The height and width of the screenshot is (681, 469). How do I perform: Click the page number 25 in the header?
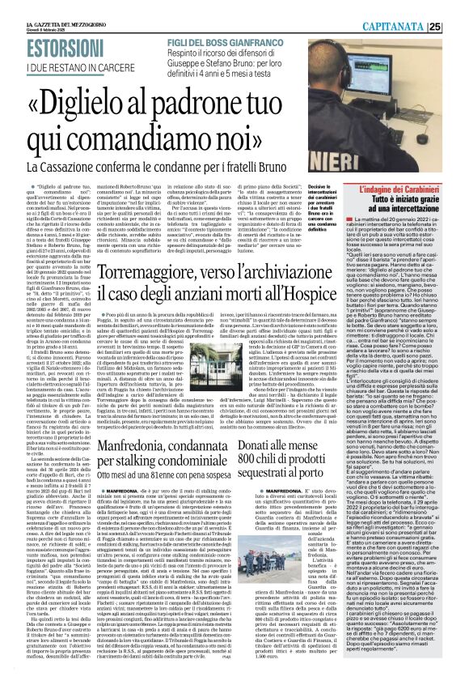click(x=457, y=8)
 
